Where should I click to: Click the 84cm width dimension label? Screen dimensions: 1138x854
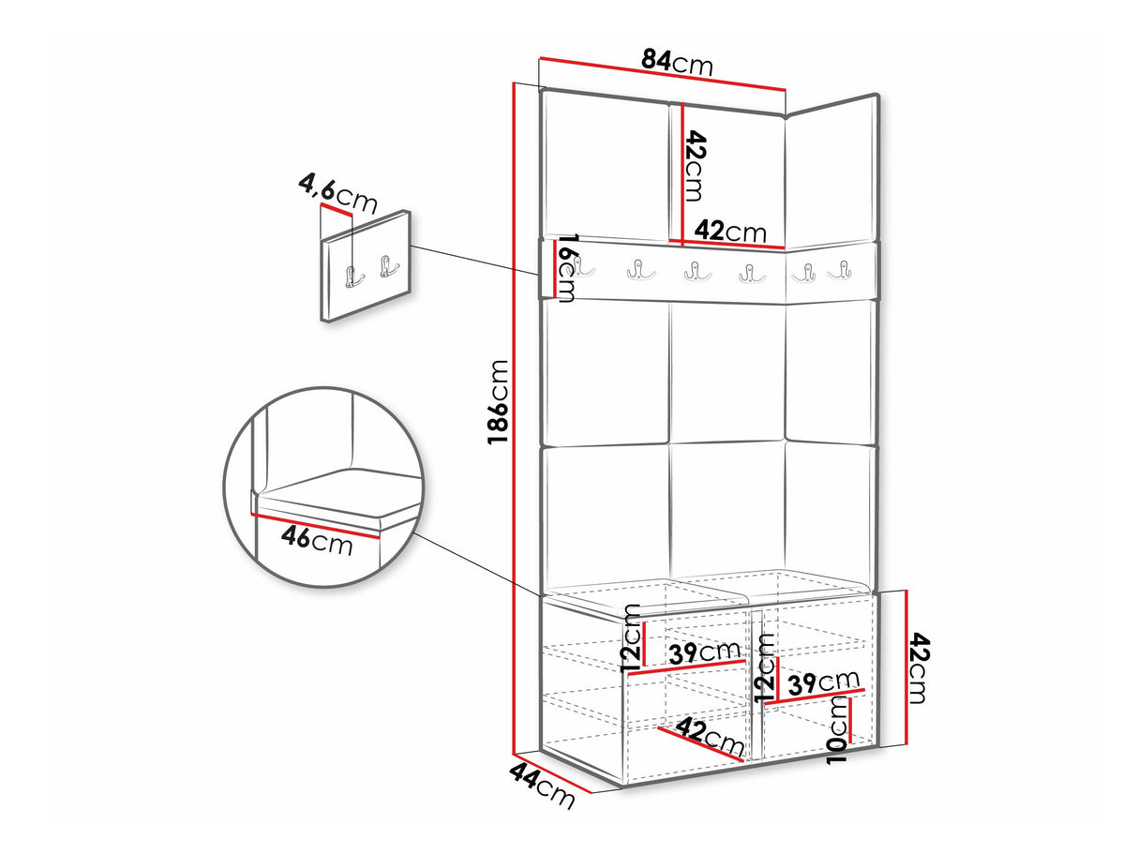pos(677,63)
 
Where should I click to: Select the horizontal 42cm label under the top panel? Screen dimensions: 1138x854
pos(730,231)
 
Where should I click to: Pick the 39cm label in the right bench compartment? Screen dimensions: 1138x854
pos(823,682)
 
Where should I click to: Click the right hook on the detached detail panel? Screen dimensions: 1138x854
pos(388,267)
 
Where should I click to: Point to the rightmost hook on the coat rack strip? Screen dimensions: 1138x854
pos(841,271)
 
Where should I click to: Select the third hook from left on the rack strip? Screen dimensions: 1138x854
pos(697,272)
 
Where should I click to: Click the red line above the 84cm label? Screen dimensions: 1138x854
pos(663,72)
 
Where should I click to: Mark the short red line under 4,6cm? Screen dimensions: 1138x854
pos(337,209)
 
